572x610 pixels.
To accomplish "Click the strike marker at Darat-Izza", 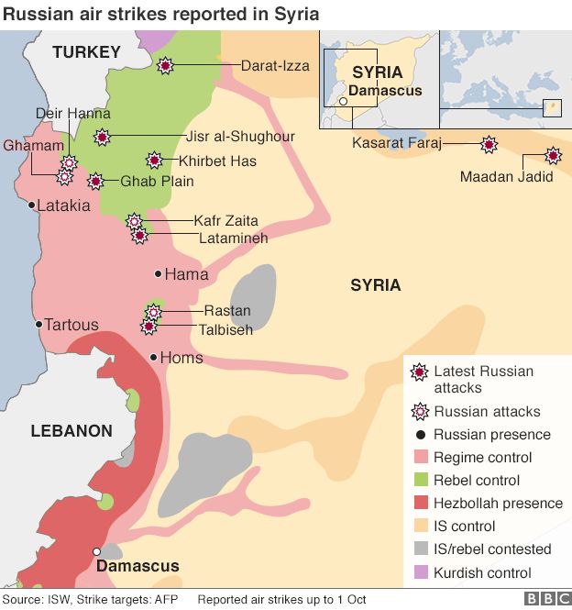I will coord(165,65).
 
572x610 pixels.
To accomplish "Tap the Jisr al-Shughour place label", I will coord(240,137).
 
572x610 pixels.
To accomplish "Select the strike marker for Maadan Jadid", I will coord(553,155).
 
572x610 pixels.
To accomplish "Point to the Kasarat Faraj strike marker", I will coord(489,144).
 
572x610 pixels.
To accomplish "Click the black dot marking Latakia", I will coord(32,205).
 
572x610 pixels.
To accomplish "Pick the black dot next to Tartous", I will coord(38,324).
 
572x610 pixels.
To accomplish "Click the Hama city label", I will coord(186,274).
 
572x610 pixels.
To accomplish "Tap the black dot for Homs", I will coord(153,357).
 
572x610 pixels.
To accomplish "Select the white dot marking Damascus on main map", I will coord(96,551).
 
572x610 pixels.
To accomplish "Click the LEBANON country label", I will coord(71,430).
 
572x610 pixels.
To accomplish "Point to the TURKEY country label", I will coord(86,52).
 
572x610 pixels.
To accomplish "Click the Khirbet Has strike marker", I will coord(155,161).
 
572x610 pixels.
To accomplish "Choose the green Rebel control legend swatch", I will coord(419,480).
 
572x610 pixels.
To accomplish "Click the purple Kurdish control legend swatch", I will coord(419,572).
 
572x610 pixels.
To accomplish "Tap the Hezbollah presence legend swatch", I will coord(419,503).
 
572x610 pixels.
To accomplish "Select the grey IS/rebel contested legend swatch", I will coord(419,549).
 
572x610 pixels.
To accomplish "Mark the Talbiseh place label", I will coord(227,329).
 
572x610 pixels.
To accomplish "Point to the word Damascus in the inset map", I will coord(385,91).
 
